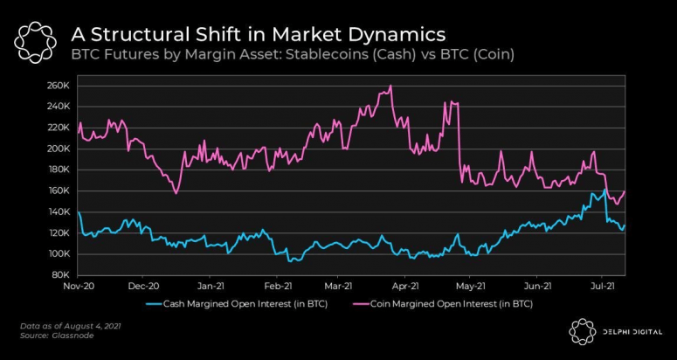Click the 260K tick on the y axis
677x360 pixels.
59,86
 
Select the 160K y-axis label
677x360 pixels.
59,190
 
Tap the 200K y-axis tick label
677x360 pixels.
59,149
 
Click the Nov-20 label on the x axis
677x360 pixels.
78,286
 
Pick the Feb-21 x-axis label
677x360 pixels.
278,286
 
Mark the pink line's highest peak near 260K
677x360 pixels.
390,86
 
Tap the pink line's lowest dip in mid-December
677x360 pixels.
176,193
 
